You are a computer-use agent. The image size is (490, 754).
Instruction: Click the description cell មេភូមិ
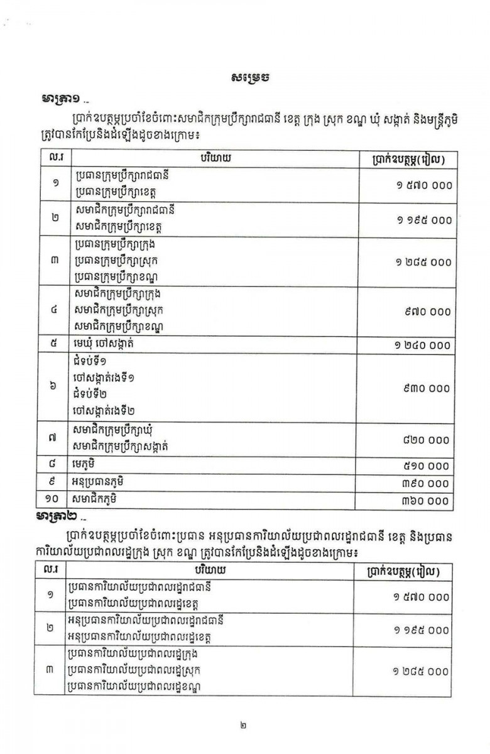click(87, 466)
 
